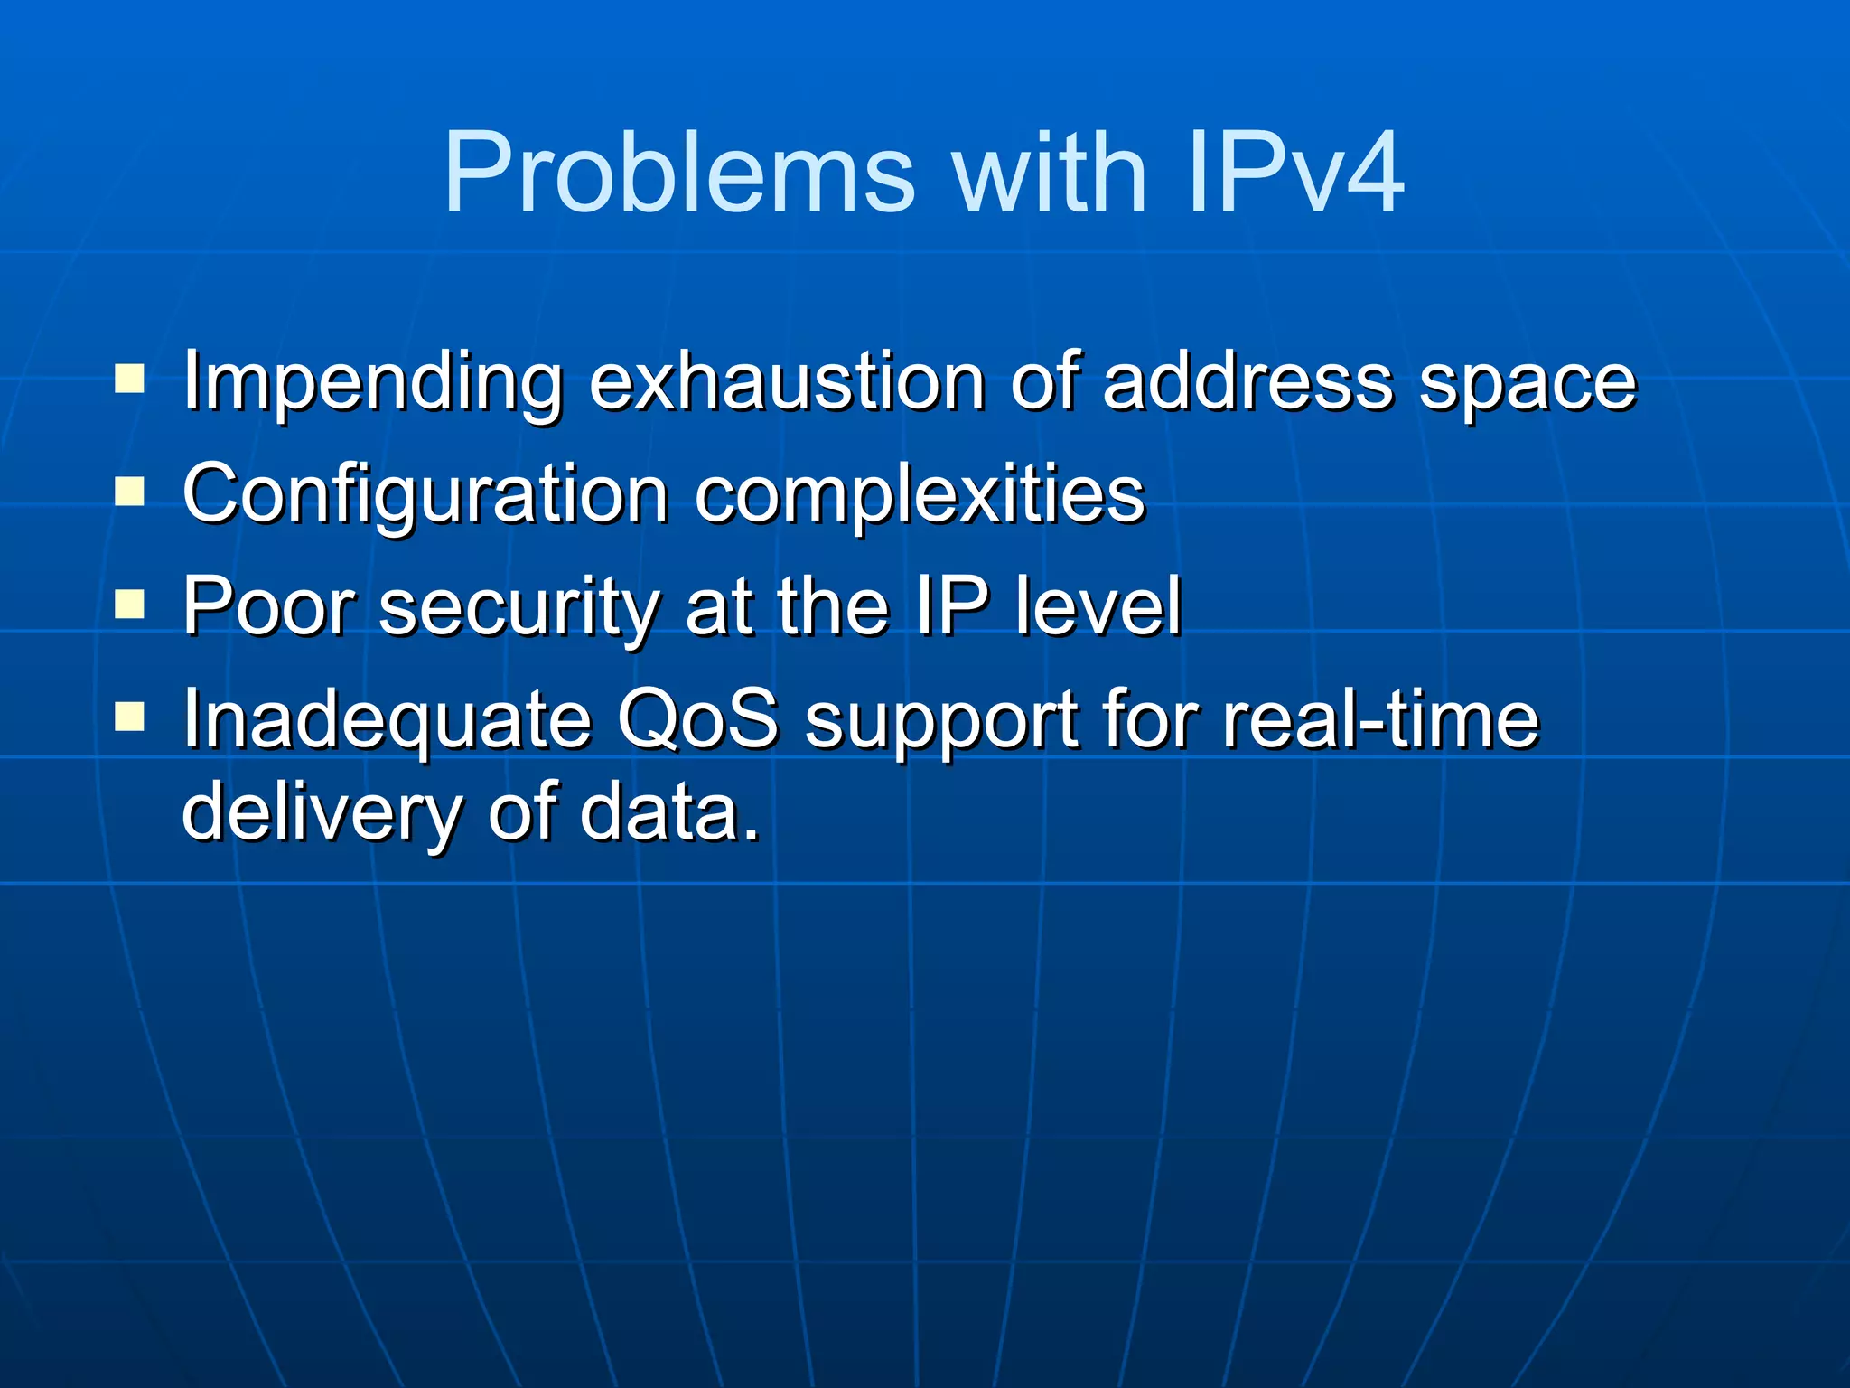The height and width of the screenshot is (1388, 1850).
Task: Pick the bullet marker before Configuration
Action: coord(130,492)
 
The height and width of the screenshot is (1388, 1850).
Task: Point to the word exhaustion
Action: coord(787,381)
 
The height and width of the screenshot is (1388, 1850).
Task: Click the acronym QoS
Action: coord(697,719)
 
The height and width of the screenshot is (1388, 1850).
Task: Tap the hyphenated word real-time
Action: coord(1380,719)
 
